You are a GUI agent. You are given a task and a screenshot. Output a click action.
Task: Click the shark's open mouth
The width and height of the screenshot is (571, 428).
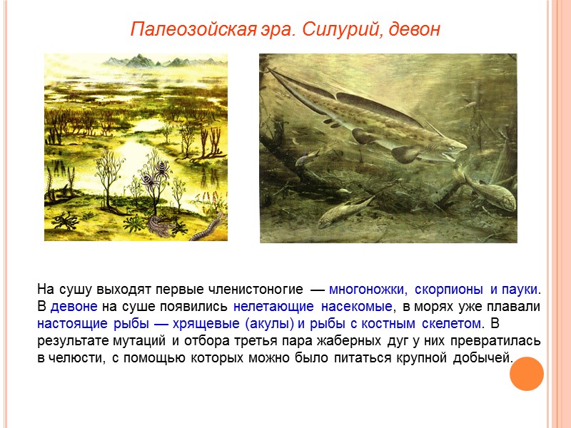pos(455,153)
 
